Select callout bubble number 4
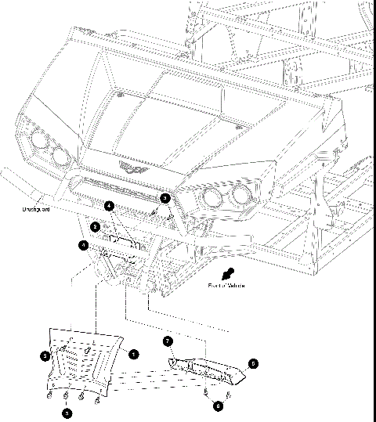(x=110, y=206)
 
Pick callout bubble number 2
(x=95, y=227)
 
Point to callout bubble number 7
(x=167, y=341)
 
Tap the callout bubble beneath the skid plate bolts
(x=68, y=412)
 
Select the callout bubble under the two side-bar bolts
(x=219, y=406)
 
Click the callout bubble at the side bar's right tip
(x=252, y=363)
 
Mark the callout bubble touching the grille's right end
(x=165, y=200)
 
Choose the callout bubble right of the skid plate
(x=134, y=354)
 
